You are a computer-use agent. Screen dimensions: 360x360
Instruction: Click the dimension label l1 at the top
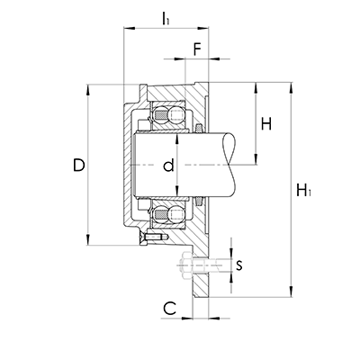point(166,18)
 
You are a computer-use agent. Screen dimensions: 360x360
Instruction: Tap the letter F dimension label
point(196,49)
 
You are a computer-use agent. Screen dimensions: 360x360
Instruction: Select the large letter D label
point(79,165)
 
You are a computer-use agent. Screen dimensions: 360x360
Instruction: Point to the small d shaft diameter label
point(168,166)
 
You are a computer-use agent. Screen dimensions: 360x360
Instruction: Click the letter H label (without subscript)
point(266,123)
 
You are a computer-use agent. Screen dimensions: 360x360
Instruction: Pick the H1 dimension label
point(303,191)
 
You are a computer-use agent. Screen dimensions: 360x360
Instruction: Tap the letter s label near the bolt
point(239,265)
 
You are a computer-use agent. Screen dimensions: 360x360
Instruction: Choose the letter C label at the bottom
point(169,309)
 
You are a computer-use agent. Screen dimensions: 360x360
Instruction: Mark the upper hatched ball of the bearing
point(161,115)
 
